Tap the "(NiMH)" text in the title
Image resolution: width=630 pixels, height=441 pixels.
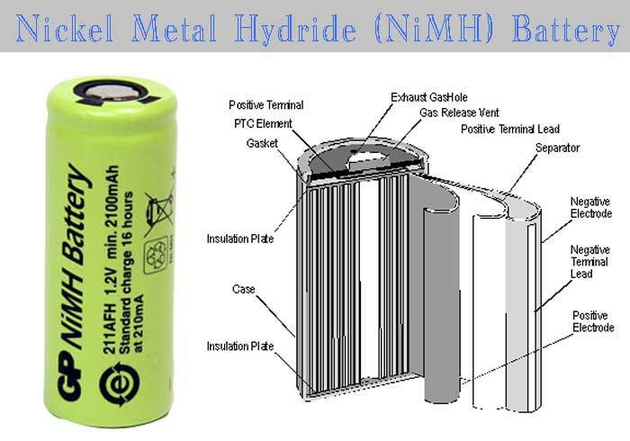coord(434,29)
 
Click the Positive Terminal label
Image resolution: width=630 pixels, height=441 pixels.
coord(266,105)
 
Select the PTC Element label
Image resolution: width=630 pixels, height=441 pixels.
coord(263,123)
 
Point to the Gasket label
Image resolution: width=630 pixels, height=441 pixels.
coord(262,143)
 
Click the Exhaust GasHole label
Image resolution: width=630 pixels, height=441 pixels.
coord(429,97)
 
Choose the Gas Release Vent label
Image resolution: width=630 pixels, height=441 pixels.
coord(459,112)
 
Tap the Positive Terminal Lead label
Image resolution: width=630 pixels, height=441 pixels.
coord(510,129)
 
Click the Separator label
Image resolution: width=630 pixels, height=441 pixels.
coord(558,148)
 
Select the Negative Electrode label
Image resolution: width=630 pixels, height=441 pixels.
coord(591,207)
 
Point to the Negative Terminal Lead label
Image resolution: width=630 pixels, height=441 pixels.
coord(589,262)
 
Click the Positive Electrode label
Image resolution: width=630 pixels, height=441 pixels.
coord(593,321)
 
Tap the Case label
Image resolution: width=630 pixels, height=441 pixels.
coord(244,289)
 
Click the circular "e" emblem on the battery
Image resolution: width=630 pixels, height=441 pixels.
coord(120,384)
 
